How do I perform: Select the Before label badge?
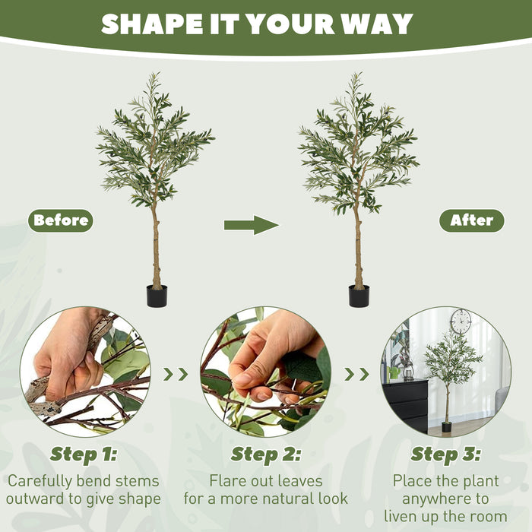coord(61,221)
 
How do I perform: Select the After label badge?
coord(471,221)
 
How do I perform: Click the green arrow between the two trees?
coord(252,224)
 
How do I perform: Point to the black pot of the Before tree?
coord(157,296)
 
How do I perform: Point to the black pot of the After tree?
coord(359,296)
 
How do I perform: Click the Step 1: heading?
coord(84,454)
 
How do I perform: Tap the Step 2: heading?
coord(266,454)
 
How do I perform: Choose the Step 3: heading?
coord(446,454)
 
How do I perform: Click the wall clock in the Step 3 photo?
coord(461,321)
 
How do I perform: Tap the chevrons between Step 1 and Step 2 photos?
coord(176,374)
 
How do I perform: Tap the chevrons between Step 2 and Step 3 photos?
coord(356,374)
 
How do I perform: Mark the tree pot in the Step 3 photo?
coord(446,427)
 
